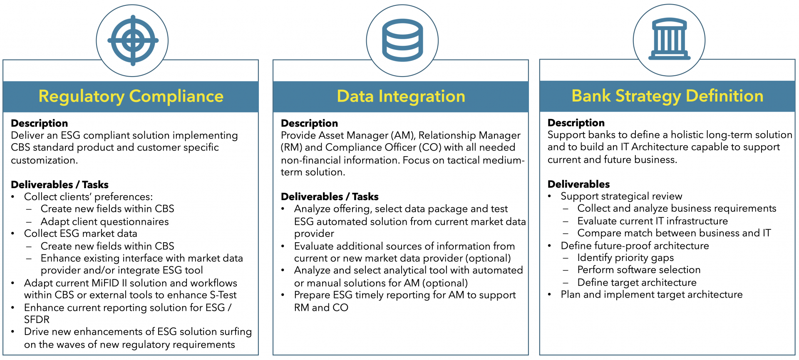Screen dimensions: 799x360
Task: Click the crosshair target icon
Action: [x=133, y=40]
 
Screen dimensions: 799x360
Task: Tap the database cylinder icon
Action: [x=402, y=40]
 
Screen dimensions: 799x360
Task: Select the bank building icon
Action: [x=669, y=40]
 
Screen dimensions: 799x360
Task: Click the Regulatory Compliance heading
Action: [x=131, y=97]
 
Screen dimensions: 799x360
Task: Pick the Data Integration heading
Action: [x=401, y=97]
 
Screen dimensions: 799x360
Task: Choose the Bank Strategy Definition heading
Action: [x=667, y=96]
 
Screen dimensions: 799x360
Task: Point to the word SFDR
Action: [x=37, y=320]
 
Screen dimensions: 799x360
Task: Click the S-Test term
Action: [x=223, y=295]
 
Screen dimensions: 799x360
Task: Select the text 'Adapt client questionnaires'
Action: [x=105, y=222]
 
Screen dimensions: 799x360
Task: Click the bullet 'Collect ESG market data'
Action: [x=81, y=233]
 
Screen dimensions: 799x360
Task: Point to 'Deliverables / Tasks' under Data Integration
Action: [x=330, y=197]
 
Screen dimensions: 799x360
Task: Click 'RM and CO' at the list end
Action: [x=321, y=308]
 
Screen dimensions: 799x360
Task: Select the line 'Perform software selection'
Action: [x=639, y=270]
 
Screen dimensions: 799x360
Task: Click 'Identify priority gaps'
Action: [x=625, y=258]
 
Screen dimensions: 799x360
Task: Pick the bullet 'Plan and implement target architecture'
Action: [x=652, y=295]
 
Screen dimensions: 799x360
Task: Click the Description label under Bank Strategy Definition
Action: [x=576, y=123]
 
